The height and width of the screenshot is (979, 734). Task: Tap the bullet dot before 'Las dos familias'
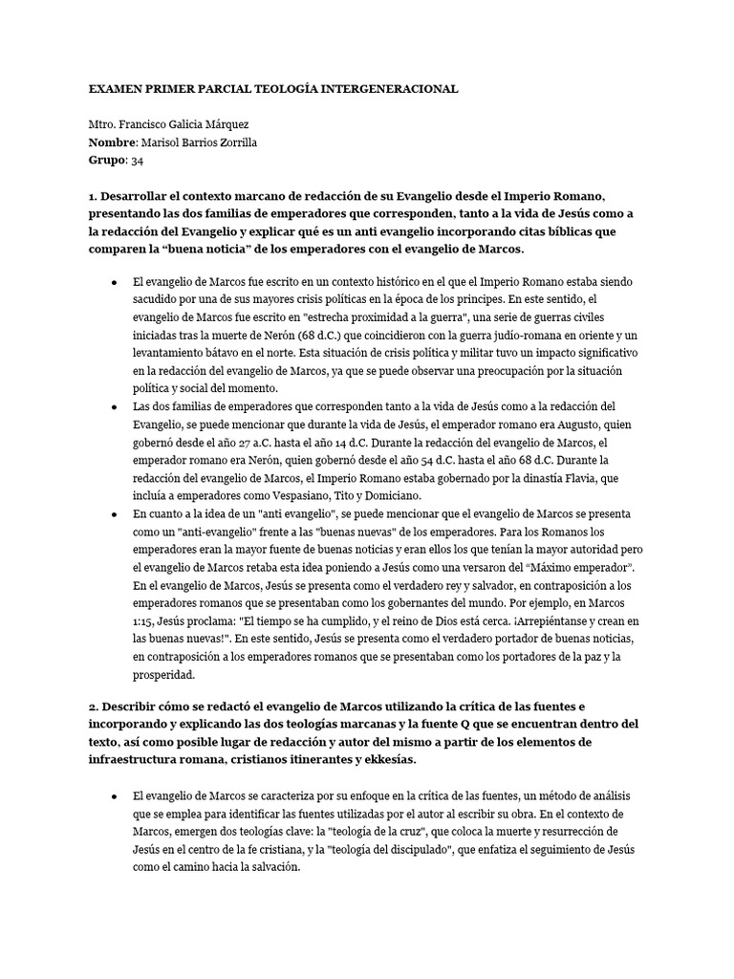tap(115, 407)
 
